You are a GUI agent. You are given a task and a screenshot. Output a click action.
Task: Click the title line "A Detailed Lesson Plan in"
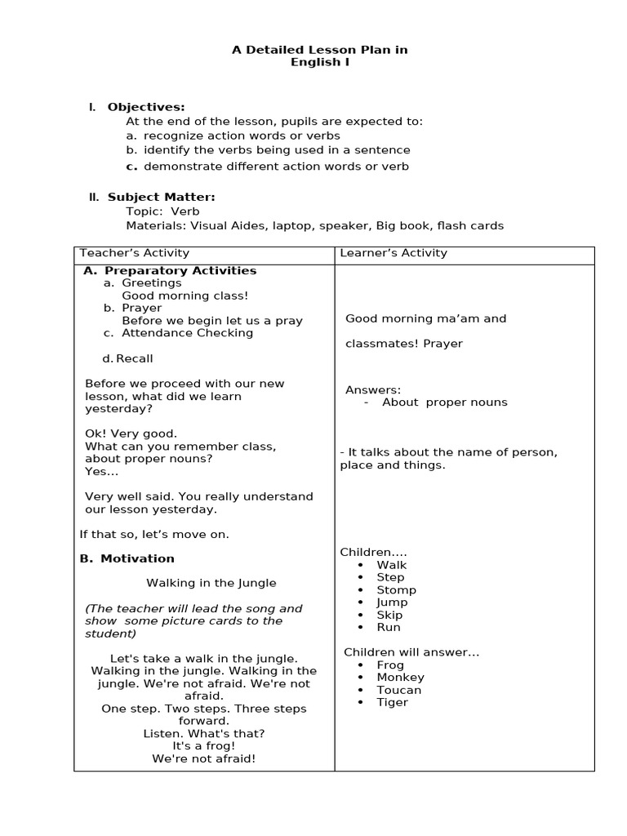click(x=319, y=50)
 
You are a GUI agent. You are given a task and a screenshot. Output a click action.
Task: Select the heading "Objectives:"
click(x=146, y=107)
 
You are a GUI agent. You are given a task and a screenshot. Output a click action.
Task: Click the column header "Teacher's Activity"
click(x=134, y=253)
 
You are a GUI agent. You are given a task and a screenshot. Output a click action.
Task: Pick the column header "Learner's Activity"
click(x=394, y=253)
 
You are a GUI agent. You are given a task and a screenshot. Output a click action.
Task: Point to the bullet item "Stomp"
click(x=396, y=589)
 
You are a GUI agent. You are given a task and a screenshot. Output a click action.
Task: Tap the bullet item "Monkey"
click(x=400, y=677)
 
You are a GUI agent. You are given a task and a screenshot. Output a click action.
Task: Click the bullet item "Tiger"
click(x=392, y=702)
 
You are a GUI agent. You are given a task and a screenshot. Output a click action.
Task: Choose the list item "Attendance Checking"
click(x=187, y=332)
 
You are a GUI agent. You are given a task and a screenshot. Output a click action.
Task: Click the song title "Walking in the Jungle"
click(x=211, y=583)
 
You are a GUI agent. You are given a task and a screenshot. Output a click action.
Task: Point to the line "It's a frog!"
click(x=203, y=745)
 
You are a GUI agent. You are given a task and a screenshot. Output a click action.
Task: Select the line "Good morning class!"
click(x=185, y=296)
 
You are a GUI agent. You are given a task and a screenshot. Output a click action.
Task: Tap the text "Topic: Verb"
click(x=162, y=211)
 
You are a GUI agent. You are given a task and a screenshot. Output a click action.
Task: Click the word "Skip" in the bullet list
click(x=389, y=615)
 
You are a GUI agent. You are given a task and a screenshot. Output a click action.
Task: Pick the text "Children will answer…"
click(x=411, y=651)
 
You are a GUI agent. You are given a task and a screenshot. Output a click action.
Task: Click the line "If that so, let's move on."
click(x=154, y=534)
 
